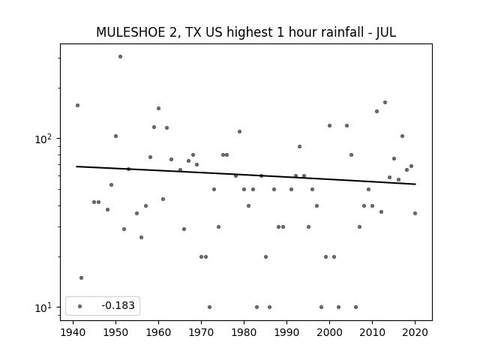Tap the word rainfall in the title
click(342, 32)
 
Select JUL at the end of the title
click(386, 32)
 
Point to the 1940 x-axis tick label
click(73, 333)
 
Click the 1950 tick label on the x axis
click(115, 333)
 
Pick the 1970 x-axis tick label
click(201, 333)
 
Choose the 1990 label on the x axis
click(286, 333)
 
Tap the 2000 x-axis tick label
click(329, 333)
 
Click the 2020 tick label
click(415, 333)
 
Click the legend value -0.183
click(118, 305)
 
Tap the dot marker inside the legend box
click(80, 306)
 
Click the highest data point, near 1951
click(120, 57)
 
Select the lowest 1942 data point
click(81, 278)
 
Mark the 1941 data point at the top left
click(77, 105)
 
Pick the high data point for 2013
click(385, 102)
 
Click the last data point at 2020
click(415, 213)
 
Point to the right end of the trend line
click(415, 184)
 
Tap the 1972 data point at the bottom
click(209, 307)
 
